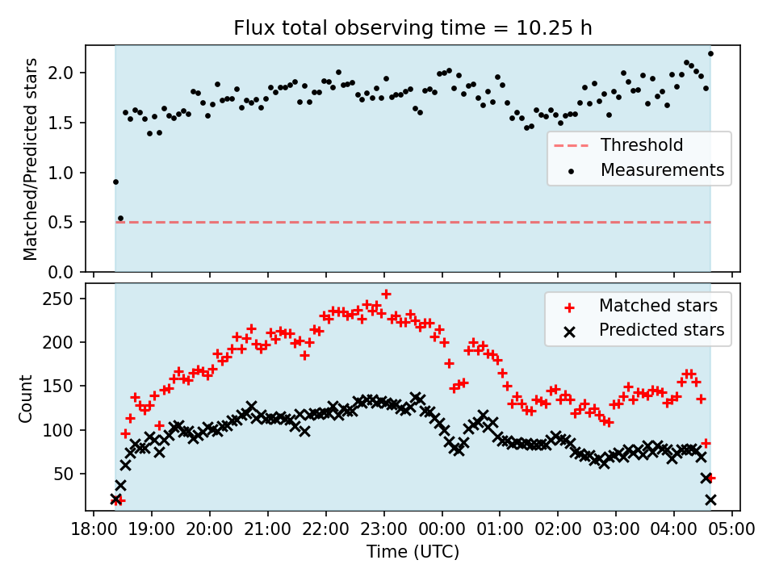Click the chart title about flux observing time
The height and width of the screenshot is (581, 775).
click(413, 28)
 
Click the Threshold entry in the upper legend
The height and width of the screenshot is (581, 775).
click(642, 145)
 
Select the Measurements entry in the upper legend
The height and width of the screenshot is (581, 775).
click(662, 170)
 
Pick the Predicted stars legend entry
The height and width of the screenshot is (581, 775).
click(661, 329)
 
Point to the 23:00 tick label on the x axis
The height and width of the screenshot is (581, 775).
click(383, 530)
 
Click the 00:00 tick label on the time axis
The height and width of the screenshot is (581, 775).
click(442, 530)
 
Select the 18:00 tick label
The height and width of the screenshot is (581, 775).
click(94, 530)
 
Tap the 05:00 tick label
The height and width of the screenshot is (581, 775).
click(732, 530)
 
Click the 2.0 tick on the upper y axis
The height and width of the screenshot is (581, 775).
click(67, 73)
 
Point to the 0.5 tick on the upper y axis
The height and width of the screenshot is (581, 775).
click(67, 222)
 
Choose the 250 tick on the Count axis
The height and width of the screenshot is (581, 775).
click(65, 299)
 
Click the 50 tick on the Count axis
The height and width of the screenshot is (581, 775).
click(69, 474)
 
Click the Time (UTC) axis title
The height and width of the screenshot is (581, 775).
click(413, 552)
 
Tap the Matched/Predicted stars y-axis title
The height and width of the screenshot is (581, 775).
click(30, 159)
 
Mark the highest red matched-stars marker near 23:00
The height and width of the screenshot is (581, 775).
click(386, 294)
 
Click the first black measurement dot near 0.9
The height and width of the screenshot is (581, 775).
click(115, 182)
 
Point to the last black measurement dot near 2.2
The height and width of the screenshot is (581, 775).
click(710, 54)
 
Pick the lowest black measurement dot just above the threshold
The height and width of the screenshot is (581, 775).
click(120, 218)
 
